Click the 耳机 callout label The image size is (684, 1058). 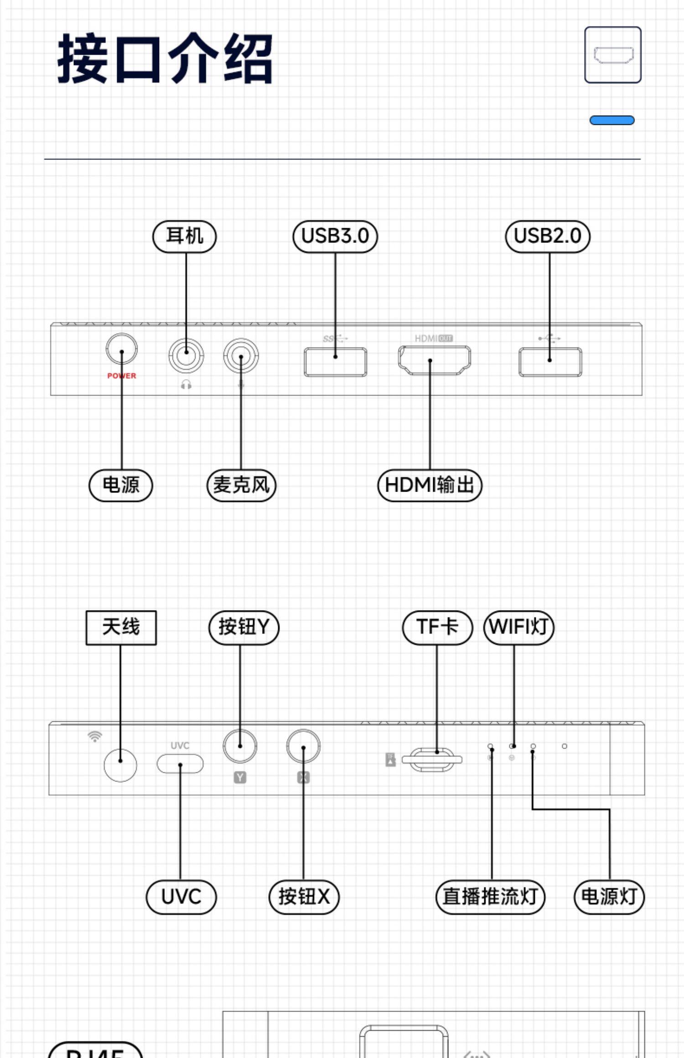pyautogui.click(x=184, y=236)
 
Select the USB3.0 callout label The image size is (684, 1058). pyautogui.click(x=335, y=236)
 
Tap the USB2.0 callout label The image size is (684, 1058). pyautogui.click(x=548, y=236)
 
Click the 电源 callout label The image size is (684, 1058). pyautogui.click(x=121, y=485)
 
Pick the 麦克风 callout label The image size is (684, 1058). pyautogui.click(x=242, y=485)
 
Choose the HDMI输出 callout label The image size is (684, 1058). pyautogui.click(x=430, y=485)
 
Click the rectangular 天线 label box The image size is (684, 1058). pyautogui.click(x=121, y=627)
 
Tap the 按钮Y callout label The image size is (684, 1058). pyautogui.click(x=244, y=627)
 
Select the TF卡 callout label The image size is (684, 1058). pyautogui.click(x=437, y=627)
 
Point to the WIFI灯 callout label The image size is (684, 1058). pyautogui.click(x=518, y=627)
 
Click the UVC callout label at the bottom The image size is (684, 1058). pyautogui.click(x=181, y=897)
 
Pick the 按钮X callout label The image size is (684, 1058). pyautogui.click(x=304, y=897)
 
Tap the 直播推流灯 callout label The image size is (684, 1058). pyautogui.click(x=490, y=897)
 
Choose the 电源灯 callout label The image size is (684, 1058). pyautogui.click(x=609, y=897)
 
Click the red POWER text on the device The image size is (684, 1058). pyautogui.click(x=122, y=376)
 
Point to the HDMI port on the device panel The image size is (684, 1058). pyautogui.click(x=434, y=360)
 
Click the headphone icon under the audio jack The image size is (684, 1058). pyautogui.click(x=186, y=385)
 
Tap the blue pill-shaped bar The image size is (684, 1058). pyautogui.click(x=612, y=120)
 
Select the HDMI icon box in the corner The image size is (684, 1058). pyautogui.click(x=613, y=55)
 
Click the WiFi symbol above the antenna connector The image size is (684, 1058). pyautogui.click(x=95, y=736)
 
